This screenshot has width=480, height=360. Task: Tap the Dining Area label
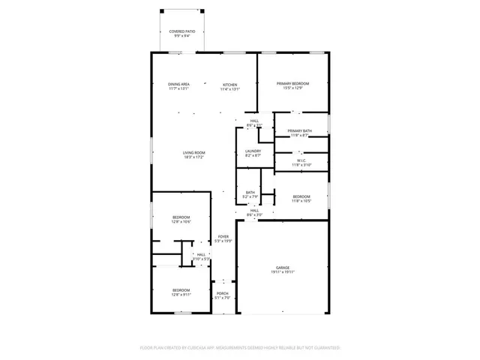pyautogui.click(x=178, y=84)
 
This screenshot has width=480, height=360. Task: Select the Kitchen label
pyautogui.click(x=229, y=84)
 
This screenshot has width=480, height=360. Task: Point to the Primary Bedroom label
pyautogui.click(x=292, y=83)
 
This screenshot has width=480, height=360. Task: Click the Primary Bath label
pyautogui.click(x=300, y=131)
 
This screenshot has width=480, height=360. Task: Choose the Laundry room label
pyautogui.click(x=253, y=151)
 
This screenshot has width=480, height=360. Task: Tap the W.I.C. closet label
pyautogui.click(x=300, y=160)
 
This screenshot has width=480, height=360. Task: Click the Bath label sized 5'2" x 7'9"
pyautogui.click(x=250, y=193)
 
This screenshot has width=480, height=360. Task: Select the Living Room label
pyautogui.click(x=194, y=153)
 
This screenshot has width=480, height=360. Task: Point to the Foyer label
pyautogui.click(x=223, y=236)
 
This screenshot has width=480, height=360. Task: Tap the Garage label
pyautogui.click(x=282, y=268)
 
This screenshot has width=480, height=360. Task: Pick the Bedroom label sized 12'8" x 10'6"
pyautogui.click(x=181, y=217)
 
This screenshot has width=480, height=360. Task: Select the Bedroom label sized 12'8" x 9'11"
pyautogui.click(x=181, y=290)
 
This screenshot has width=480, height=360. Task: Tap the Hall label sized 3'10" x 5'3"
pyautogui.click(x=201, y=255)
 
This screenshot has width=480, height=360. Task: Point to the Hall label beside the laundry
pyautogui.click(x=255, y=121)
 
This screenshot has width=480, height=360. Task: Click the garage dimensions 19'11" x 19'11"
pyautogui.click(x=282, y=272)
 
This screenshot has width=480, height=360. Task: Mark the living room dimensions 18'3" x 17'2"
pyautogui.click(x=194, y=157)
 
